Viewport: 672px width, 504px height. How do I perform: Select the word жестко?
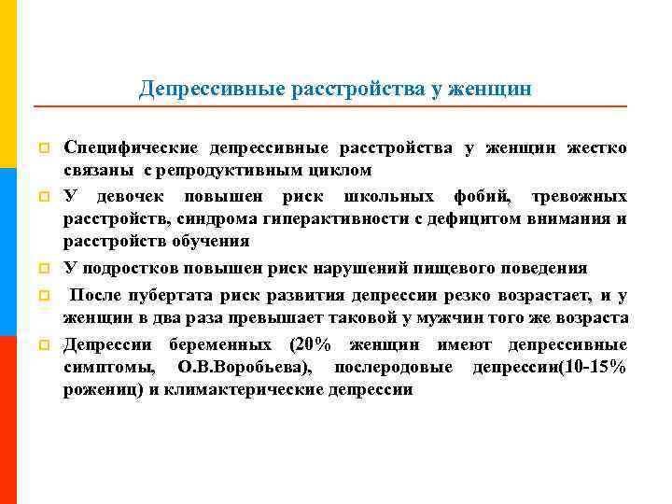(x=597, y=148)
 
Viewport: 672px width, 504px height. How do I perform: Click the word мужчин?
(x=444, y=318)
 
